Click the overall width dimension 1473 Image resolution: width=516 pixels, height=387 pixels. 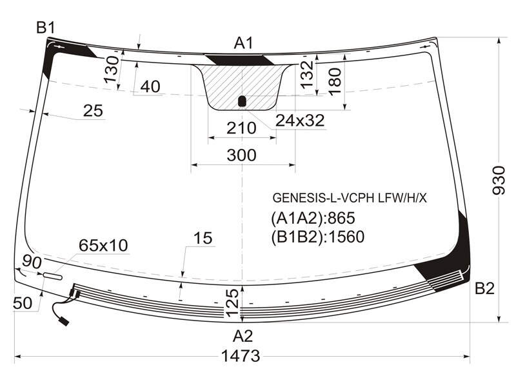tap(241, 356)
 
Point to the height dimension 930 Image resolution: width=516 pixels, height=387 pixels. tap(498, 181)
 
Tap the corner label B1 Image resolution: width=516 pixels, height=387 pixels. tap(46, 28)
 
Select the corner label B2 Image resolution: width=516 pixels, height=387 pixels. tap(485, 288)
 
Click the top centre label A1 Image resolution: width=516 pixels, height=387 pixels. tap(244, 43)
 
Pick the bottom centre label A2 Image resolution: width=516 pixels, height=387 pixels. tap(243, 336)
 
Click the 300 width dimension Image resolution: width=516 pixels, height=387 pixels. tap(241, 155)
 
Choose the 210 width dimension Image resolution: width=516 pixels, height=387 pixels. tap(241, 128)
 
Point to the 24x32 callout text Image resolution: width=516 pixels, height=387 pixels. tap(300, 121)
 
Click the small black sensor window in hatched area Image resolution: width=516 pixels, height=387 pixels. tap(243, 101)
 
